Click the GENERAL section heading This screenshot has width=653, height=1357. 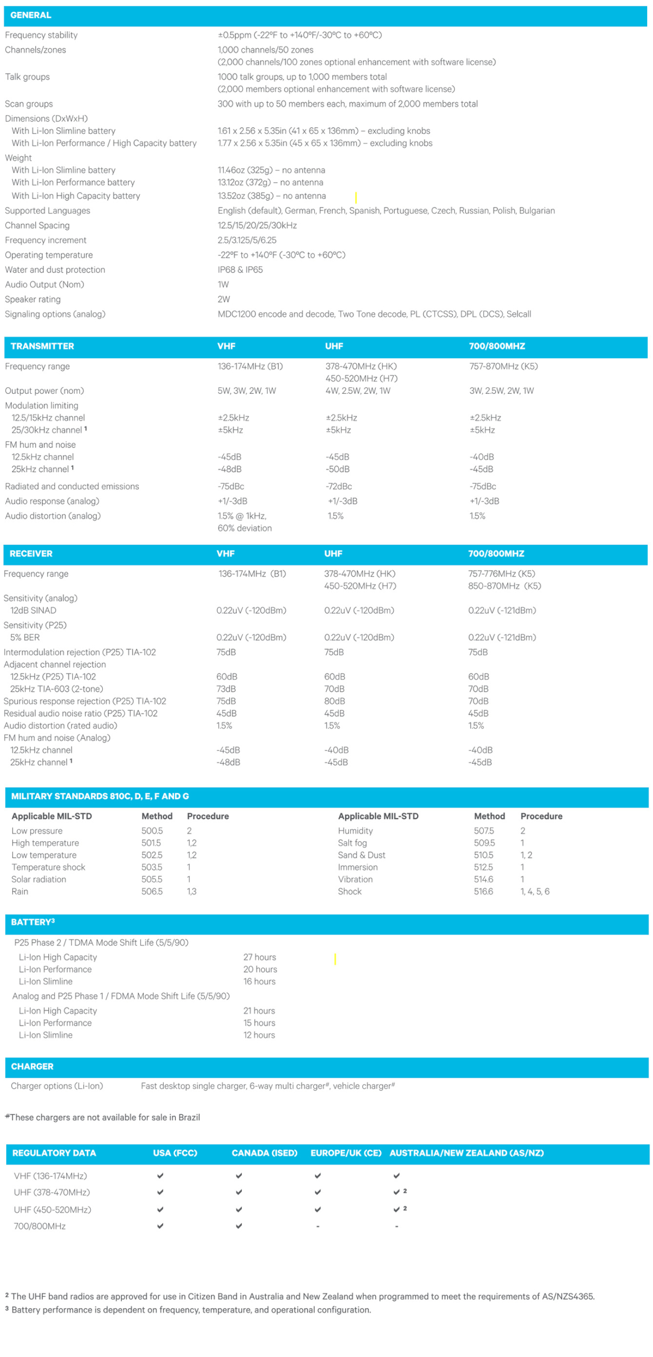31,15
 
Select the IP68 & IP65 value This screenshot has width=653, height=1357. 240,270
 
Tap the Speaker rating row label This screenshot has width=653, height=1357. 33,299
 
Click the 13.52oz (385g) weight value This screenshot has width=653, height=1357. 271,196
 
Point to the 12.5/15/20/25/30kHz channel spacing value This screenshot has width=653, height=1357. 257,226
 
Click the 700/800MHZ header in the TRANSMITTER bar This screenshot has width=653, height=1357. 497,346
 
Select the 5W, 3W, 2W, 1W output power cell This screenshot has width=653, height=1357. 246,391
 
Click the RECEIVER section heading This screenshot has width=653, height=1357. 31,553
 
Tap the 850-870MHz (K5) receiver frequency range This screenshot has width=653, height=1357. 504,586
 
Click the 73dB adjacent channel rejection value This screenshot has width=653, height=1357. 226,689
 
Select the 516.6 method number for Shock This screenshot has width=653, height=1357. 483,892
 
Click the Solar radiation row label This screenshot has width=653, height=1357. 39,879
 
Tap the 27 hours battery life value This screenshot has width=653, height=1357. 259,957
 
